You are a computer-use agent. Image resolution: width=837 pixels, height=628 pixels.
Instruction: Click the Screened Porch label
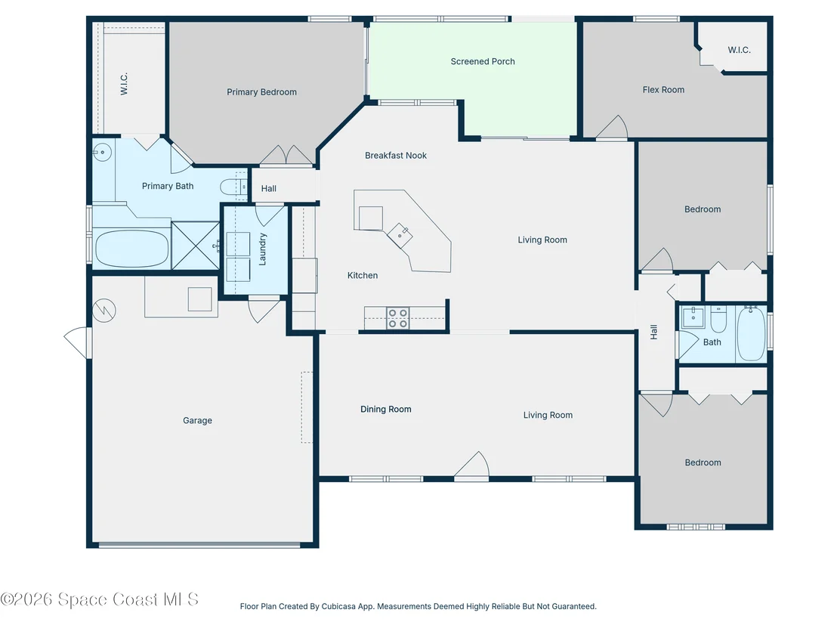(483, 61)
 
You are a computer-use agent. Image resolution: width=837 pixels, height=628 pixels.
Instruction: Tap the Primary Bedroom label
(261, 92)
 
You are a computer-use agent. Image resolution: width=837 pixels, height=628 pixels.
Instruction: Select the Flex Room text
(663, 90)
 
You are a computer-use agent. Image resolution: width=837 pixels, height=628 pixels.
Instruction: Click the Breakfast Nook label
(396, 156)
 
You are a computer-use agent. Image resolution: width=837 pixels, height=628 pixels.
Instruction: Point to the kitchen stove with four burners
(397, 318)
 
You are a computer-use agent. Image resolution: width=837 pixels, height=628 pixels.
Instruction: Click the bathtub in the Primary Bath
(132, 249)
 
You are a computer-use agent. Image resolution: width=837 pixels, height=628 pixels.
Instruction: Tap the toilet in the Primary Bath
(234, 187)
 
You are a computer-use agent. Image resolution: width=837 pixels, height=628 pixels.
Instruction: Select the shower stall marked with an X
(196, 245)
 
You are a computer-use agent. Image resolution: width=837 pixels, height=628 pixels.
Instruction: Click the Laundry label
(262, 249)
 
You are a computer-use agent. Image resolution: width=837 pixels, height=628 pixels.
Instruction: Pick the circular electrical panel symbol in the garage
(104, 311)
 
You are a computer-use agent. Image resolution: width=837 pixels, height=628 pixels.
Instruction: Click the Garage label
(197, 420)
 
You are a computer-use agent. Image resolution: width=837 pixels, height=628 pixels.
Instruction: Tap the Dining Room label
(385, 409)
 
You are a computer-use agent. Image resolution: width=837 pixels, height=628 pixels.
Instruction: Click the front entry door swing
(472, 465)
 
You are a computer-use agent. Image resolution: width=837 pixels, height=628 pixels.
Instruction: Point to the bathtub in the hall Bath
(751, 333)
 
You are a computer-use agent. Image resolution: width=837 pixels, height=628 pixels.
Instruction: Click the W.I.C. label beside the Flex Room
(739, 50)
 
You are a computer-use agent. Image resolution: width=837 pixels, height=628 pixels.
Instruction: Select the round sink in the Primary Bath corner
(102, 152)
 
